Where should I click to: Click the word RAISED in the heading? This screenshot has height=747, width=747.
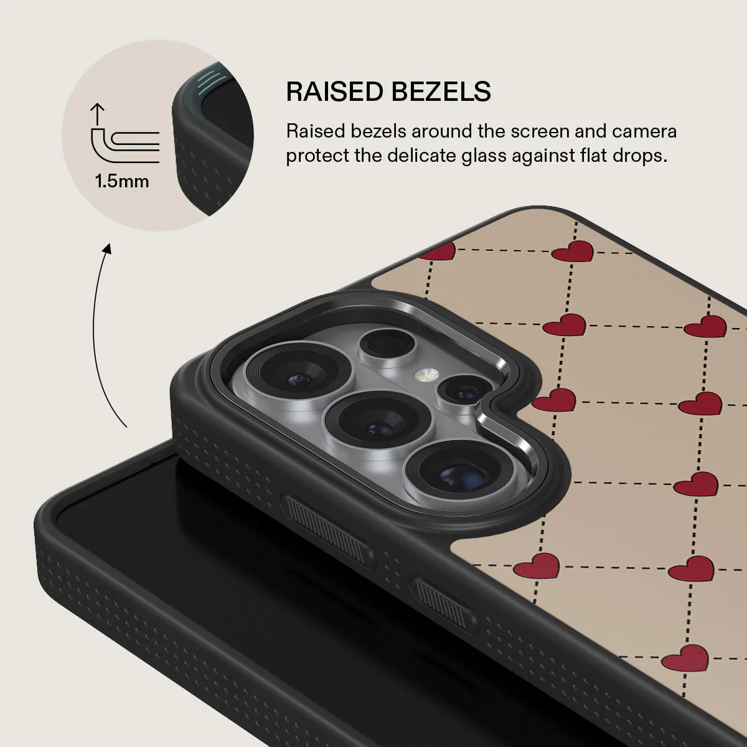pyautogui.click(x=334, y=92)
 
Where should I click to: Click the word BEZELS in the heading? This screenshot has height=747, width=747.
pyautogui.click(x=441, y=92)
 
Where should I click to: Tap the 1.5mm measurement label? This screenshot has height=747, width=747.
pyautogui.click(x=122, y=181)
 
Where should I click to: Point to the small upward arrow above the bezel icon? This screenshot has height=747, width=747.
pyautogui.click(x=97, y=113)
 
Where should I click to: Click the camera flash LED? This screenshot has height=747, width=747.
pyautogui.click(x=426, y=375)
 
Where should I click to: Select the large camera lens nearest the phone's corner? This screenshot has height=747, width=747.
pyautogui.click(x=298, y=370)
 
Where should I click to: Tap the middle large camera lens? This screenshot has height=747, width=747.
pyautogui.click(x=378, y=421)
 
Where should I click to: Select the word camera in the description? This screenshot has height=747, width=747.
pyautogui.click(x=644, y=131)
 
